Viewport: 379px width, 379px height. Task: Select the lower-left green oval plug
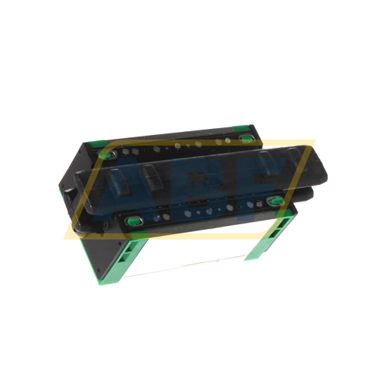click(133, 221)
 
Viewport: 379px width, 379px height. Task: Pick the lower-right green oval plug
click(275, 202)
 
